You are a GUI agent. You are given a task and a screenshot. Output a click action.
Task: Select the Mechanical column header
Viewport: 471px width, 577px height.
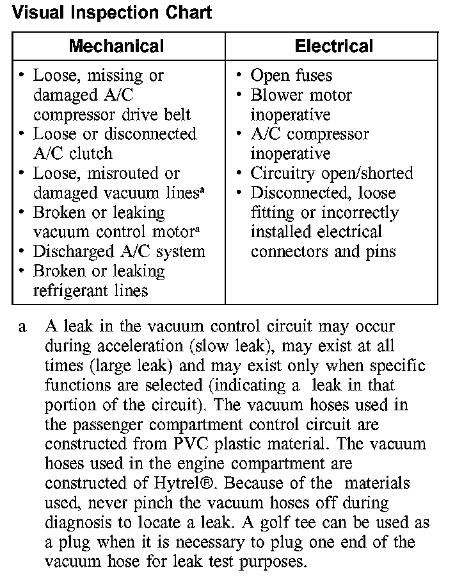116,46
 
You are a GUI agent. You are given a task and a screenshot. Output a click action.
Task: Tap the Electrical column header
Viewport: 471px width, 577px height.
333,46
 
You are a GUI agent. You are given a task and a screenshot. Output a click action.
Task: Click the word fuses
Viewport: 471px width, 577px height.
312,76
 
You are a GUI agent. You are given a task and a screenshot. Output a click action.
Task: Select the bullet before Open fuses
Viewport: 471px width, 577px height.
239,76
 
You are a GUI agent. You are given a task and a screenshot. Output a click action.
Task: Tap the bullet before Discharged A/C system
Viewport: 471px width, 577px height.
22,251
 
